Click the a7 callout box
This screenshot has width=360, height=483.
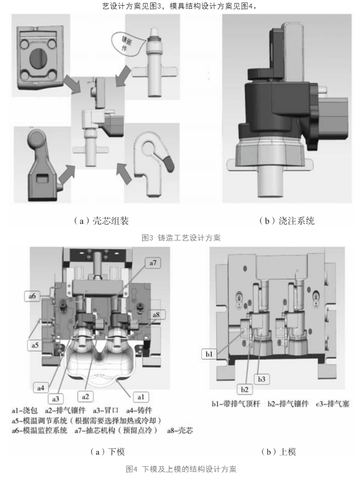(x=153, y=263)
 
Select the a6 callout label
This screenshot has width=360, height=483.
(x=32, y=296)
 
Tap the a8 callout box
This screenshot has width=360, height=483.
(x=156, y=315)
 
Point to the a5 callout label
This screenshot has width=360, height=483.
(x=35, y=345)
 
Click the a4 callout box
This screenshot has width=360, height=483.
(x=41, y=388)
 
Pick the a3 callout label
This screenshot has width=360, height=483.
(x=56, y=399)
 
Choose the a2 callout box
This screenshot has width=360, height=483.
(x=85, y=397)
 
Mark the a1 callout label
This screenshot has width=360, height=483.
(x=141, y=397)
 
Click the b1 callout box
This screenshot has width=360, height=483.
(x=209, y=354)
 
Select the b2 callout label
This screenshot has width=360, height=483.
(x=245, y=390)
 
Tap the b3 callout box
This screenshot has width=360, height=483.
(x=261, y=379)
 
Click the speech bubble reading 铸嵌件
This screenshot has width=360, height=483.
(x=127, y=43)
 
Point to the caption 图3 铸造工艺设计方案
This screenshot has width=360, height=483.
(x=181, y=237)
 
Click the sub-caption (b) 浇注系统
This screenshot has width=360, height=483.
(x=286, y=221)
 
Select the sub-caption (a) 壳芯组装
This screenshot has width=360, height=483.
(x=101, y=221)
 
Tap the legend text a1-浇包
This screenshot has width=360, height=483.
(x=25, y=410)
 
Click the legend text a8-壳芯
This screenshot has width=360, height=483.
(x=180, y=430)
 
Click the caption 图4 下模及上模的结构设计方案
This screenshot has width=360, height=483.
(x=181, y=469)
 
